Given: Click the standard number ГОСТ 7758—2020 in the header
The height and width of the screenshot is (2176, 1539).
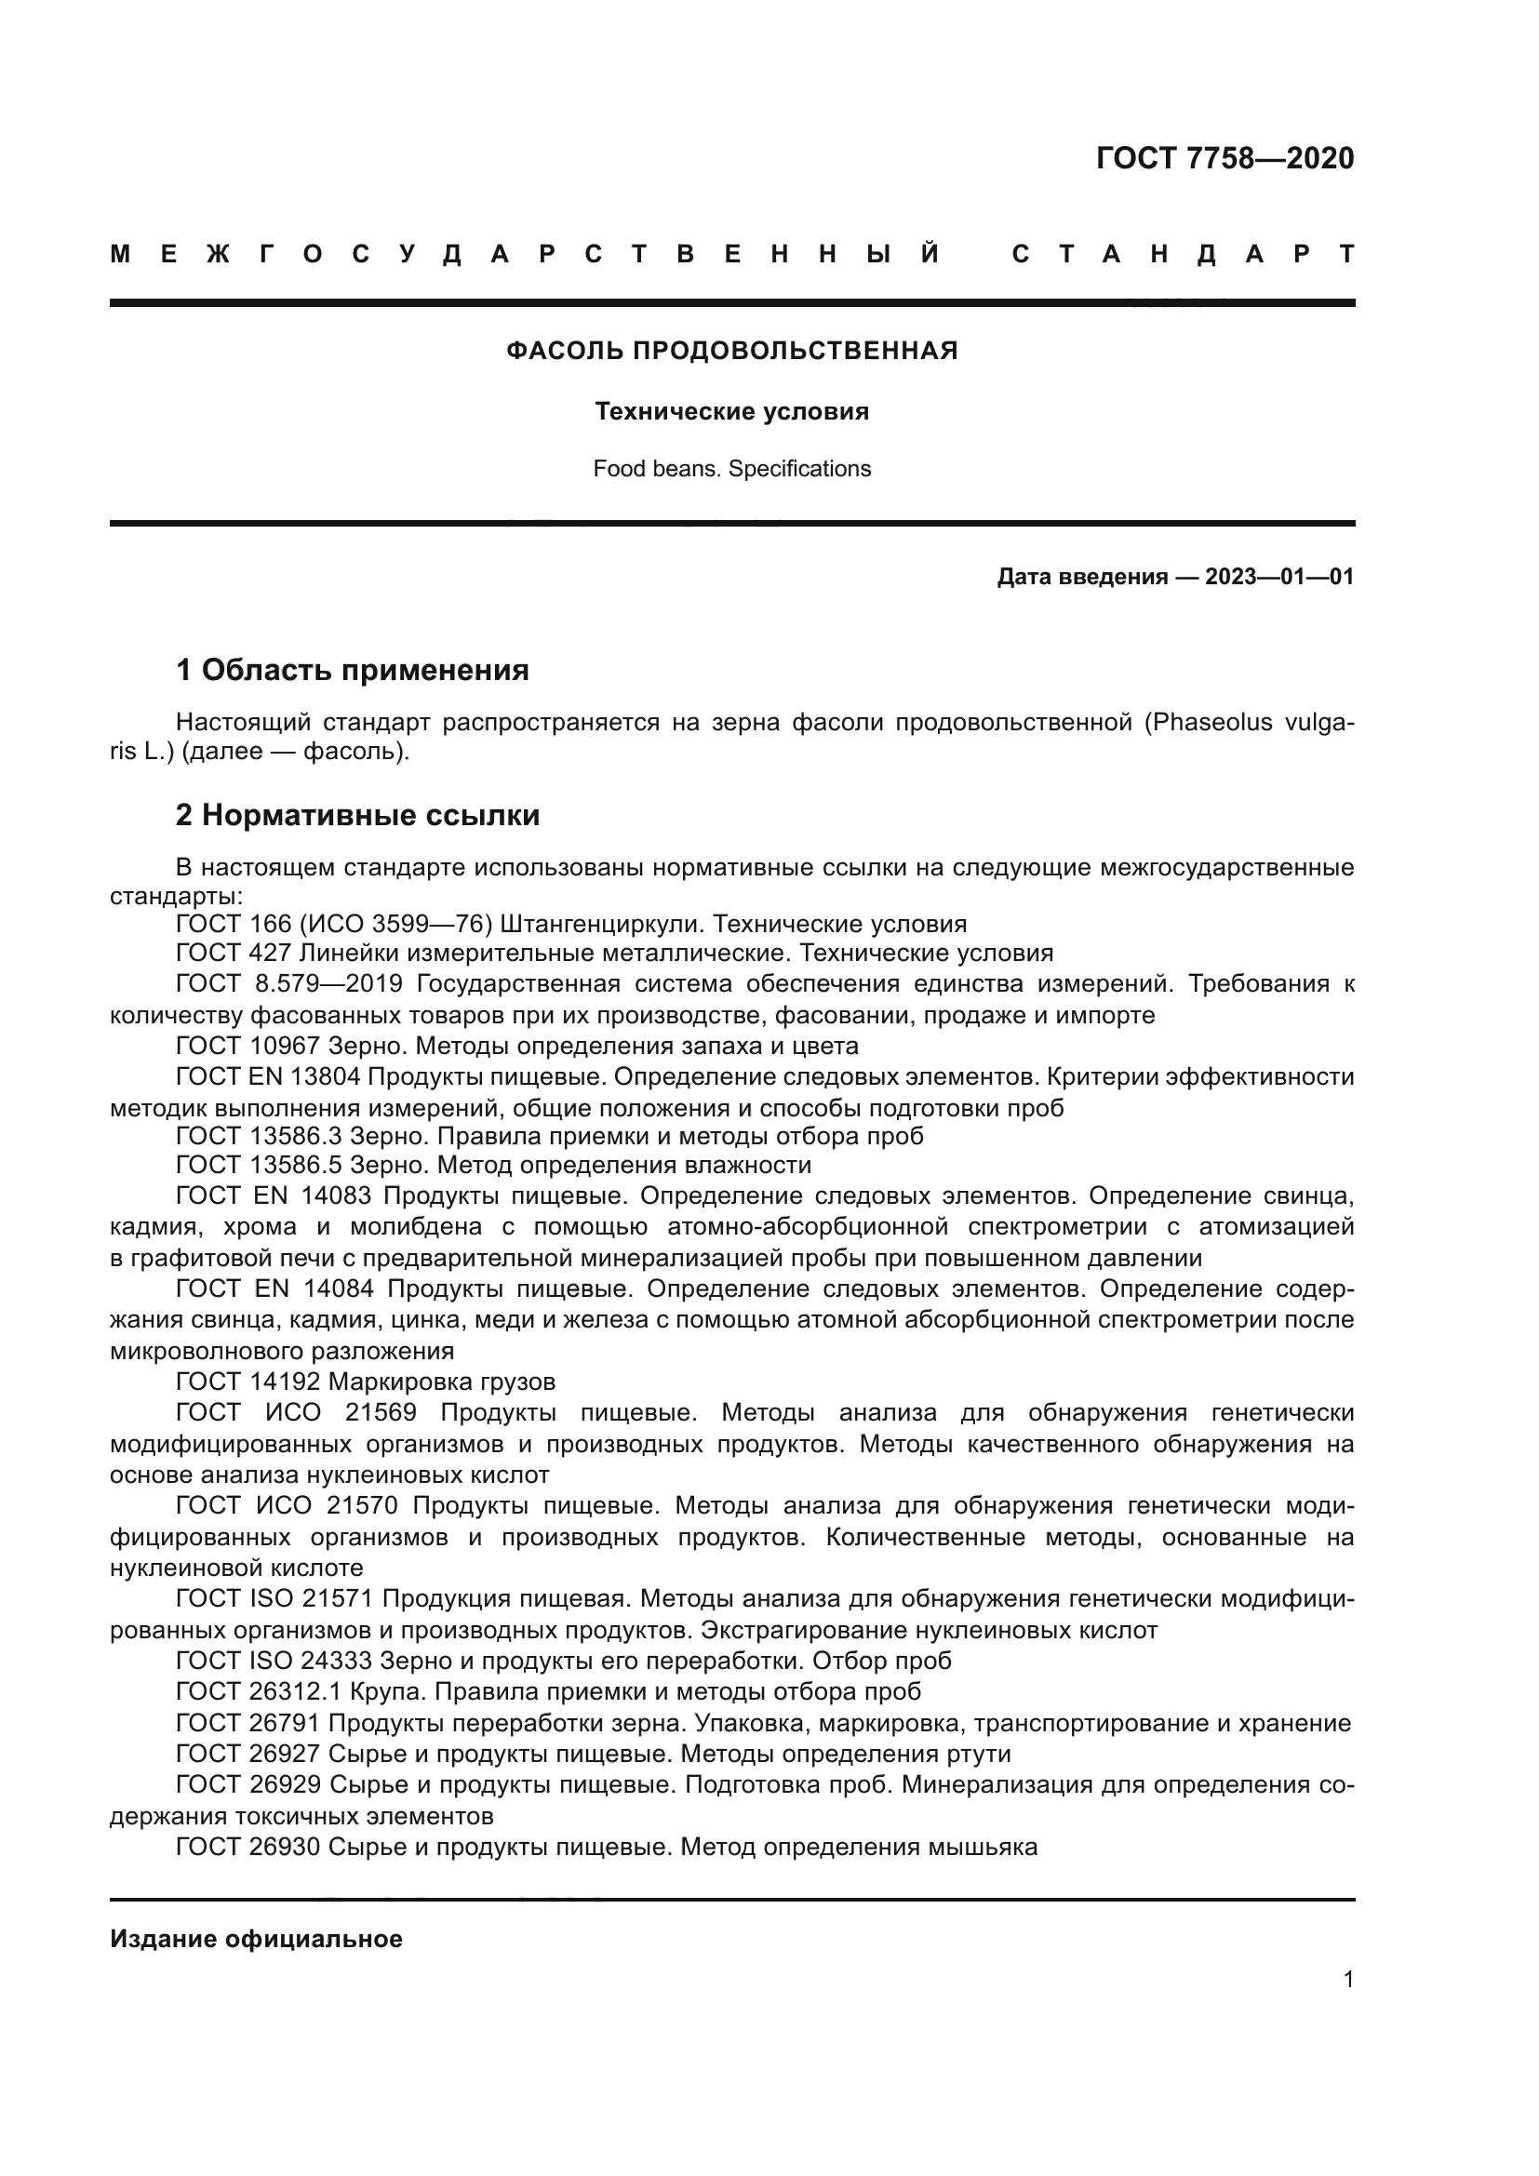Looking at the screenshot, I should point(1225,158).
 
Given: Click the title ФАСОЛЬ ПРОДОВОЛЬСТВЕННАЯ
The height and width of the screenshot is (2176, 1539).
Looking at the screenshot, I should point(731,352).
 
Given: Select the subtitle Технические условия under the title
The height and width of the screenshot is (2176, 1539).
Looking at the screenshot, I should point(731,412).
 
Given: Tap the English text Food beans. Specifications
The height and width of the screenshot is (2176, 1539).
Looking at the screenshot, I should point(731,469).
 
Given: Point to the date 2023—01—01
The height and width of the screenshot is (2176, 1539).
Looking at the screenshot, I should point(1279,577).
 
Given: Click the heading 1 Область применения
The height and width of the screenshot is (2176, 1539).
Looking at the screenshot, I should point(352,671).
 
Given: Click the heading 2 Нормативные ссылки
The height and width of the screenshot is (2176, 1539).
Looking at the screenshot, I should point(357,816).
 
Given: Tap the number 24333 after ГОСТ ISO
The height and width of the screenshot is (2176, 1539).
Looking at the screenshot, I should point(336,1662).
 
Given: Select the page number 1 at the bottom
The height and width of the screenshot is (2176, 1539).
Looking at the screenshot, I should point(1347,1980).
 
